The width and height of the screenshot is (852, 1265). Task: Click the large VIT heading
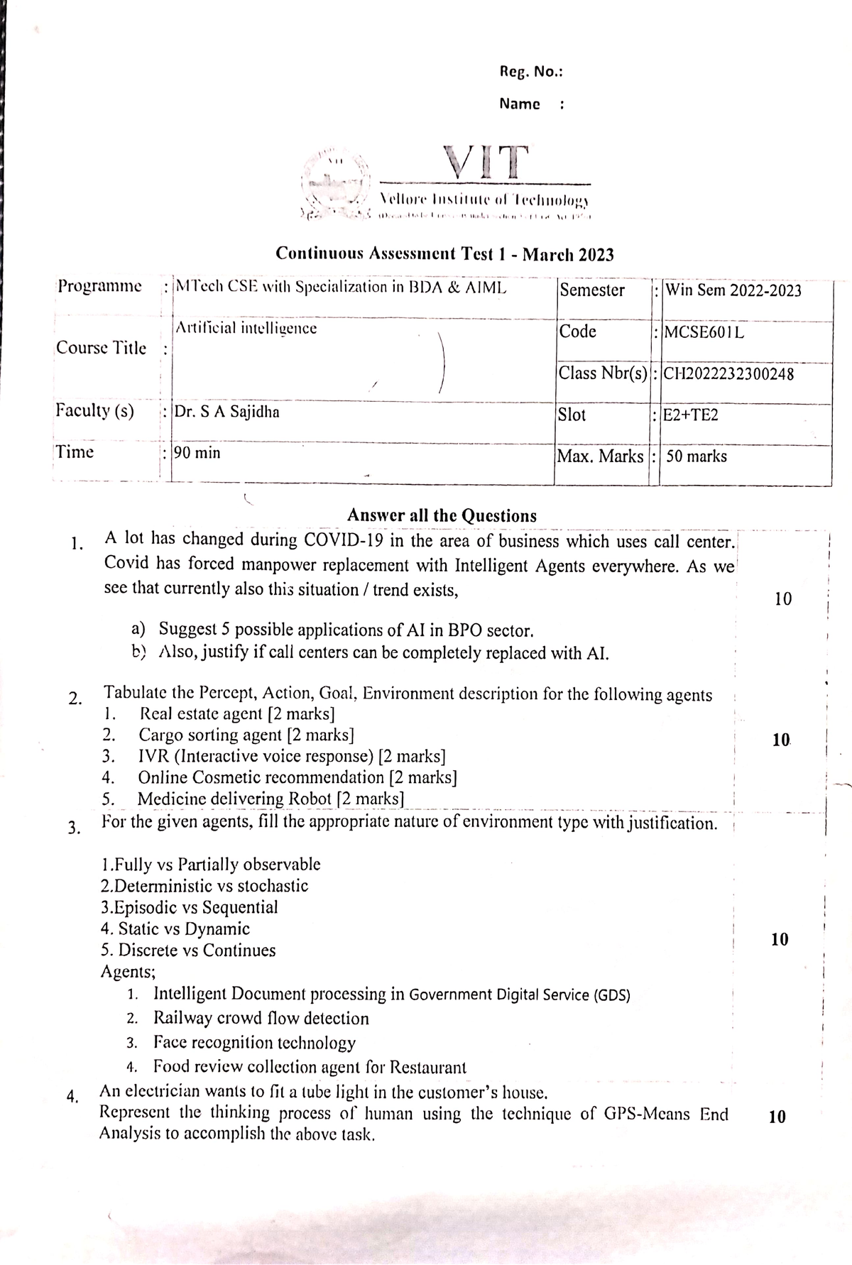(486, 162)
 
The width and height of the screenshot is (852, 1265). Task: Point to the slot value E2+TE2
(690, 415)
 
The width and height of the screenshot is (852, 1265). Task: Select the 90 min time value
(197, 452)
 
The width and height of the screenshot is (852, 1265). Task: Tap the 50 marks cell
(697, 456)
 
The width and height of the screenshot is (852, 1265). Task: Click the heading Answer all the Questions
(442, 515)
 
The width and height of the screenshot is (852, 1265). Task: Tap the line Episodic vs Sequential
(189, 907)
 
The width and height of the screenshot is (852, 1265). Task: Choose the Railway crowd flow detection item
(261, 1019)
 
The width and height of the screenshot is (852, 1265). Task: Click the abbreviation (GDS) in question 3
(612, 995)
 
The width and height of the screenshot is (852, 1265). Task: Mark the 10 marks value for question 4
(777, 1117)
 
